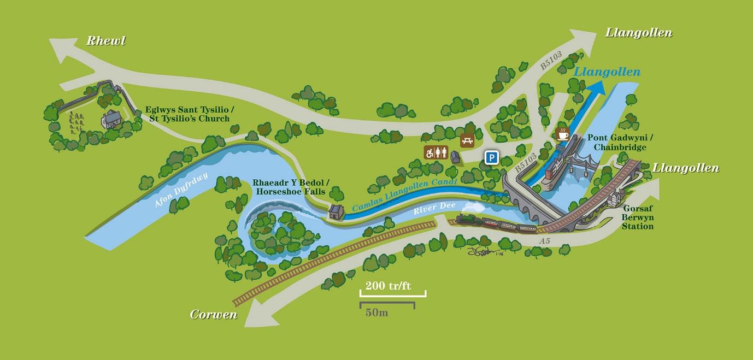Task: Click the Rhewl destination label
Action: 106,40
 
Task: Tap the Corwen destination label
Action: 214,315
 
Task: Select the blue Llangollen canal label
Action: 607,72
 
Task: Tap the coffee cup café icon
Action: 562,133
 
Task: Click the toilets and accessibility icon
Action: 436,152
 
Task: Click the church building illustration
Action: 111,119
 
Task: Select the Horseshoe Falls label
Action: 289,187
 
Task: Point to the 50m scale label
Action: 377,313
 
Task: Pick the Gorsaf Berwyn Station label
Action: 637,217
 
